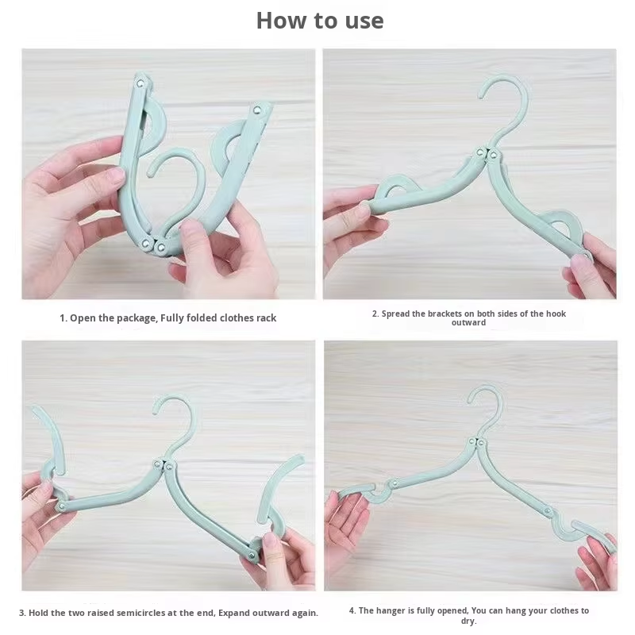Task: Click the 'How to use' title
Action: coord(320,21)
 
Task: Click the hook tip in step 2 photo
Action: coord(482,95)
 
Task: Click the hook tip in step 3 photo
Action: coord(156,411)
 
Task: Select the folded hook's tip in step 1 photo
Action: coord(150,173)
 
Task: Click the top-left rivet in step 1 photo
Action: coord(140,83)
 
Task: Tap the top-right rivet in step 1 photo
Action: coord(256,110)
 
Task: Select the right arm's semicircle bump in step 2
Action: coord(564,222)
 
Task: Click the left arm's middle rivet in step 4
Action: coord(393,483)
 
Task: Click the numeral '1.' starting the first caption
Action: coord(63,318)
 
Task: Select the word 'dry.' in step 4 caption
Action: coord(468,621)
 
